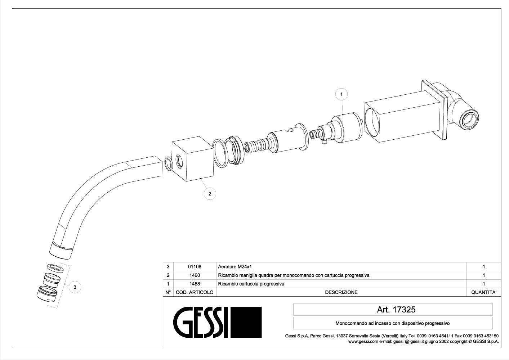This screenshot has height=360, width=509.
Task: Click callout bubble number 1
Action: pyautogui.click(x=341, y=94)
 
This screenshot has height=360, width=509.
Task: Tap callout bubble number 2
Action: pyautogui.click(x=210, y=194)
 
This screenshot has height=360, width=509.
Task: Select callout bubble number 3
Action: pyautogui.click(x=75, y=287)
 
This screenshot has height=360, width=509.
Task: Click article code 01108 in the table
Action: pyautogui.click(x=195, y=267)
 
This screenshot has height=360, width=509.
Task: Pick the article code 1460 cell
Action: pyautogui.click(x=195, y=275)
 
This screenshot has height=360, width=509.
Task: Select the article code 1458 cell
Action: pyautogui.click(x=195, y=284)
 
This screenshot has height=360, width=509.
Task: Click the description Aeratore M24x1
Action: pyautogui.click(x=235, y=267)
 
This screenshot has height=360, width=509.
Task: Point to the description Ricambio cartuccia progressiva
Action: pyautogui.click(x=251, y=284)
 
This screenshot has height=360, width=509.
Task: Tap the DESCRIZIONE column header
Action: pyautogui.click(x=341, y=292)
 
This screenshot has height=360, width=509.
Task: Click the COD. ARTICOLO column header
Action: pyautogui.click(x=195, y=292)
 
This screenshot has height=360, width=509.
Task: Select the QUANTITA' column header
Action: pyautogui.click(x=484, y=292)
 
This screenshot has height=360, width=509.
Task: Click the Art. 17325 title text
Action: pyautogui.click(x=396, y=309)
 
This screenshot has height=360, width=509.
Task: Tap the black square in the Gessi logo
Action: pyautogui.click(x=246, y=322)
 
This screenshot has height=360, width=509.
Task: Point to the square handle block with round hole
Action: pyautogui.click(x=193, y=159)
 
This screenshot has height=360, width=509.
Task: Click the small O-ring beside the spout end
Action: pyautogui.click(x=169, y=163)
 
